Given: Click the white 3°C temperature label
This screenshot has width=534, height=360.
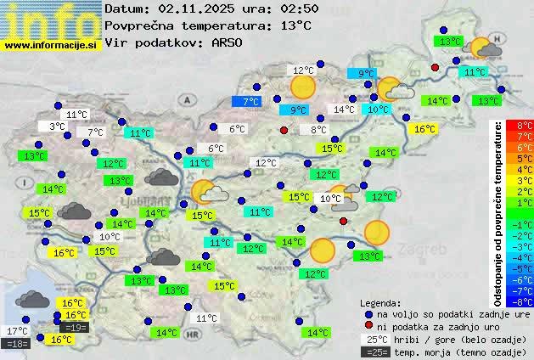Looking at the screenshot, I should pyautogui.click(x=57, y=127).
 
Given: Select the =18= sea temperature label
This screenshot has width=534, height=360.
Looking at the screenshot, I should pyautogui.click(x=17, y=344).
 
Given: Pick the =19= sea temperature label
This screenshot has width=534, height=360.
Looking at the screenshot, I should pyautogui.click(x=75, y=328).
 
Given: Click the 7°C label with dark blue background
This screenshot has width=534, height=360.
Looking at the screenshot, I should pyautogui.click(x=250, y=102).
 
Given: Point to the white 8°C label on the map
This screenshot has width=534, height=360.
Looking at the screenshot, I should pyautogui.click(x=318, y=130).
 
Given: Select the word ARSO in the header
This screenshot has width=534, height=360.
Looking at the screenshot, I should pyautogui.click(x=228, y=42).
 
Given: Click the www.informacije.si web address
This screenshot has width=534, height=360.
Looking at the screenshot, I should pyautogui.click(x=51, y=44).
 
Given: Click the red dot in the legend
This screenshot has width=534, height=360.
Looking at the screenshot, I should pyautogui.click(x=368, y=325).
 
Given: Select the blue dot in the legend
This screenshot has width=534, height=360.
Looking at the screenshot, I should pyautogui.click(x=368, y=313).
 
